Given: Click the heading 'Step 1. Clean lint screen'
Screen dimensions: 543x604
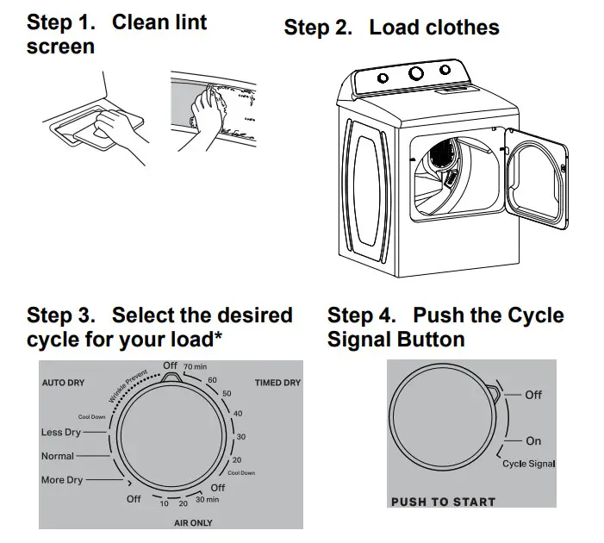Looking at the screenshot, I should pyautogui.click(x=116, y=34).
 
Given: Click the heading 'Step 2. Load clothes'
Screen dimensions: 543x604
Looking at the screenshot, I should pyautogui.click(x=391, y=28).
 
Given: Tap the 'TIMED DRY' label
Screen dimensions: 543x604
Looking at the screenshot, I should pyautogui.click(x=277, y=382).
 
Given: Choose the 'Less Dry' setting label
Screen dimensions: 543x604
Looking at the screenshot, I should pyautogui.click(x=61, y=433).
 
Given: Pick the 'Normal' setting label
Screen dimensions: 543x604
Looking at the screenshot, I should pyautogui.click(x=58, y=456).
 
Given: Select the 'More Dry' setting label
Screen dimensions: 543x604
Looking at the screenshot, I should pyautogui.click(x=63, y=480).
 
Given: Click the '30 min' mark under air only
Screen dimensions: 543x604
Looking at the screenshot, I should pyautogui.click(x=207, y=500).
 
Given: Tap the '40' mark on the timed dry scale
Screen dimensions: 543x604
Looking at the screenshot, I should pyautogui.click(x=238, y=414).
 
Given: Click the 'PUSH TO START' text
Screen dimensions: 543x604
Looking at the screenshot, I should pyautogui.click(x=443, y=502).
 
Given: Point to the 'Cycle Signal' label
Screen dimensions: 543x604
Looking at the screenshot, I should pyautogui.click(x=528, y=464).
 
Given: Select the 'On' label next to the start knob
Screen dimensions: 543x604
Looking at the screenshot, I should pyautogui.click(x=533, y=440).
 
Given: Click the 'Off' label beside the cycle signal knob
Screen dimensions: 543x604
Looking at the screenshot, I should pyautogui.click(x=533, y=394).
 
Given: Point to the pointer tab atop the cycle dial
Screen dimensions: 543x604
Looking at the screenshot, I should pyautogui.click(x=171, y=376).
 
